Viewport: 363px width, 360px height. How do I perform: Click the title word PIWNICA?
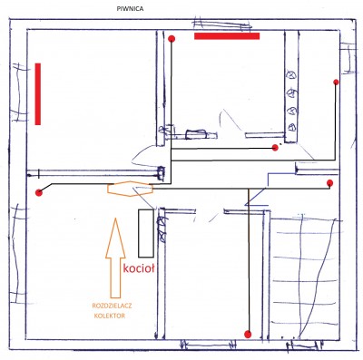130,9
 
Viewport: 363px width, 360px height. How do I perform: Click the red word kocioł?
139,268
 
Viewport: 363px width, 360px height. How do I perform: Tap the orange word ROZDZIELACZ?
113,306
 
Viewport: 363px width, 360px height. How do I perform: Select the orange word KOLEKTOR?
110,316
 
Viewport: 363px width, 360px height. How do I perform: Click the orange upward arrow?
115,258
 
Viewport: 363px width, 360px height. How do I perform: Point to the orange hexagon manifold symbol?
130,189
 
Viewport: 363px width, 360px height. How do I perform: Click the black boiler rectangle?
146,233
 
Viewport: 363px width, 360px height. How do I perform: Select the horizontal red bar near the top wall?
227,36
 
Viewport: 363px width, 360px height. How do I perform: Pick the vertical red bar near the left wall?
38,93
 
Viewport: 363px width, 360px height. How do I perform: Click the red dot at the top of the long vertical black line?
172,39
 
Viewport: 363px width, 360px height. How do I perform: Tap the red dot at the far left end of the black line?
38,193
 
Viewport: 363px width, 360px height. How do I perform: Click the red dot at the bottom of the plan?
248,334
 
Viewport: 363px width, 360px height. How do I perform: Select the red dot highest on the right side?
336,83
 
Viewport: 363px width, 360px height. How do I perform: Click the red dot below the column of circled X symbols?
275,148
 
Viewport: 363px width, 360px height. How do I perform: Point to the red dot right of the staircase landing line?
330,183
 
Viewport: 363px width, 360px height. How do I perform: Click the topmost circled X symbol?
292,74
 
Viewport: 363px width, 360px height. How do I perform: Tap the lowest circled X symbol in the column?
292,127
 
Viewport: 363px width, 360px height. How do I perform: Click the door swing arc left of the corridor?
143,155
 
